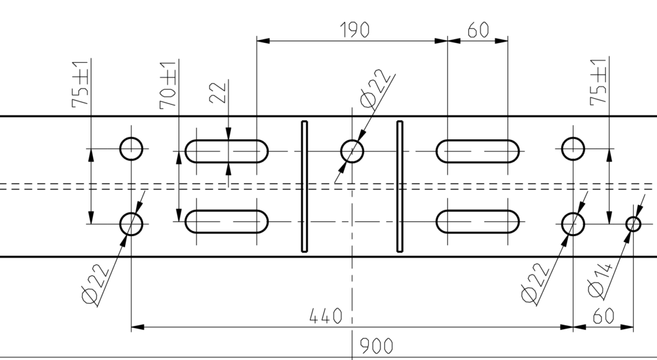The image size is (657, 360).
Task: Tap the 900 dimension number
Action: click(377, 347)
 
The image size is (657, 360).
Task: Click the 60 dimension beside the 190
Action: click(478, 30)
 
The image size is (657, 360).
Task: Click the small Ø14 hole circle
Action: click(633, 224)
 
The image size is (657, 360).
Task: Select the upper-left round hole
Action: click(132, 148)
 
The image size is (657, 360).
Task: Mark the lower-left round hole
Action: click(132, 224)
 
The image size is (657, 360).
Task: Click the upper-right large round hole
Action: click(573, 148)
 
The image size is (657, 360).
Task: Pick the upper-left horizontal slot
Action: click(227, 151)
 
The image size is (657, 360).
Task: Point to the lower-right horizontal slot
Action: click(478, 221)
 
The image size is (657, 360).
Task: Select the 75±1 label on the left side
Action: click(80, 84)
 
